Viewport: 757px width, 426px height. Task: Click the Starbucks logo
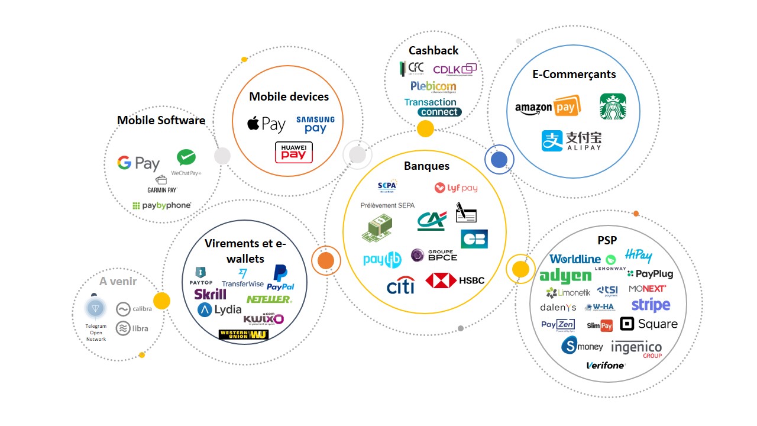613,106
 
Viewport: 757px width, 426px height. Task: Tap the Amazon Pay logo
548,107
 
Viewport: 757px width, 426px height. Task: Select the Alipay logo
572,140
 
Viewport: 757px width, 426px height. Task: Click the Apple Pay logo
266,124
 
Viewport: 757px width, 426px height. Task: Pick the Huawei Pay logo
294,152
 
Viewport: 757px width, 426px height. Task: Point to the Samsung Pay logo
315,124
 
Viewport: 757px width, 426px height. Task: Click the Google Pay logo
138,163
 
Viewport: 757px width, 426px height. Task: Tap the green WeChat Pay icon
186,158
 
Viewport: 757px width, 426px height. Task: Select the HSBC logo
455,280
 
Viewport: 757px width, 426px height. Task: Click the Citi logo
400,285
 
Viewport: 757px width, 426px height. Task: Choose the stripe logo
651,305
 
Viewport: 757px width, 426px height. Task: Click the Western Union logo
244,334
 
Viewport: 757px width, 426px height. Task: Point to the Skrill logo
210,294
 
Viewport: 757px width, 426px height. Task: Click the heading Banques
426,166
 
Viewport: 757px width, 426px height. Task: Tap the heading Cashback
434,50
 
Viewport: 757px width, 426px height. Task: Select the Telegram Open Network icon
95,308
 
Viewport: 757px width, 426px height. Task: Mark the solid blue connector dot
499,160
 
